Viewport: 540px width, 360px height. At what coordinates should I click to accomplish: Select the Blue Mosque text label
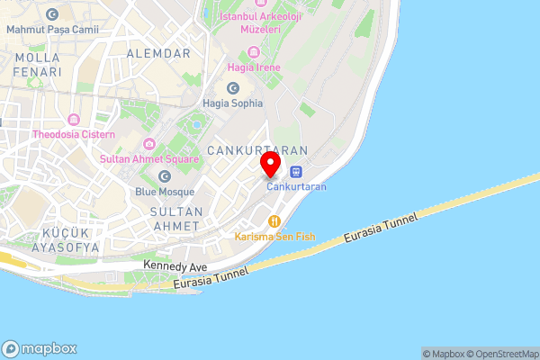[165, 191]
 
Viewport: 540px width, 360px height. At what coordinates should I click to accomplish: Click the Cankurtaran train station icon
[296, 172]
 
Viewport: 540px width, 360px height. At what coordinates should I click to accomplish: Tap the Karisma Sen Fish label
[275, 237]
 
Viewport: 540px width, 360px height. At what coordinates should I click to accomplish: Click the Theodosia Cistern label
[74, 134]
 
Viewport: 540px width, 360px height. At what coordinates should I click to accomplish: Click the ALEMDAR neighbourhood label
[158, 54]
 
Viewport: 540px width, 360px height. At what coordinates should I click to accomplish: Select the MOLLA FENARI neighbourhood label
[38, 64]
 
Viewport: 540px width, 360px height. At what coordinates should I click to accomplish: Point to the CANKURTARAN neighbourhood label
[256, 149]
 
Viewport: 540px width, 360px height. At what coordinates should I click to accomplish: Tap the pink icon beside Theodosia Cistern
[74, 120]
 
